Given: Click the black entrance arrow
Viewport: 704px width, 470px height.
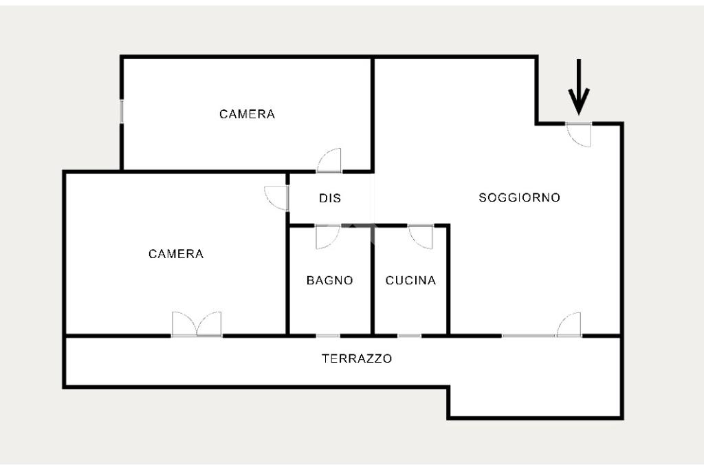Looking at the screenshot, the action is click(x=579, y=87).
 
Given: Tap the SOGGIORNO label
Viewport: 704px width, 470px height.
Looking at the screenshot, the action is click(x=519, y=198).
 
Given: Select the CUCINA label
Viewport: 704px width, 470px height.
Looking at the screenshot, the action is click(x=410, y=281).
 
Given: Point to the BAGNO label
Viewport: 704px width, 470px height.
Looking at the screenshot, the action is click(x=330, y=281).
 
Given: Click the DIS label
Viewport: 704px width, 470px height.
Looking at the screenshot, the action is click(x=330, y=199).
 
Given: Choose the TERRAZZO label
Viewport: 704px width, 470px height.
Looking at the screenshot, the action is click(x=357, y=359).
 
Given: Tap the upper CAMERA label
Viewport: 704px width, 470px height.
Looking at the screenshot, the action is click(x=247, y=114).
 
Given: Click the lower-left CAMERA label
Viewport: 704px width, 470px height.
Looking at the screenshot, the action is click(x=176, y=254).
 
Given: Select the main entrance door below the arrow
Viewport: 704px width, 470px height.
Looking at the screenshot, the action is click(x=580, y=133).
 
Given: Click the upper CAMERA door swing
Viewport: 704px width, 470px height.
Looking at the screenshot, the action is click(x=330, y=161).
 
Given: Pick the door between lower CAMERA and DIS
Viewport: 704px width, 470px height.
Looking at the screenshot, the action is click(x=276, y=198).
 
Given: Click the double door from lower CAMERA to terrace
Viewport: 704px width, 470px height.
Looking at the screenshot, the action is click(x=197, y=325).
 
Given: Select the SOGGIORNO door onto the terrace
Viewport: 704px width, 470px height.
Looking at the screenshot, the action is click(x=569, y=325).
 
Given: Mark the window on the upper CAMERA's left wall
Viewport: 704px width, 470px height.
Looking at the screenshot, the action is click(x=122, y=111).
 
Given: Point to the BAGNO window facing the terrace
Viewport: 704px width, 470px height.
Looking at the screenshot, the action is click(x=328, y=336).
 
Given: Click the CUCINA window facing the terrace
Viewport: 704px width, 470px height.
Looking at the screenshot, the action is click(x=409, y=336).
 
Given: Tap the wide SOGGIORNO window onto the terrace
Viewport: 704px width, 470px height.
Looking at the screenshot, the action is click(x=529, y=336).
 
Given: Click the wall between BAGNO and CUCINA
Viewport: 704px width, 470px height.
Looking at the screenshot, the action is click(x=373, y=282).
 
